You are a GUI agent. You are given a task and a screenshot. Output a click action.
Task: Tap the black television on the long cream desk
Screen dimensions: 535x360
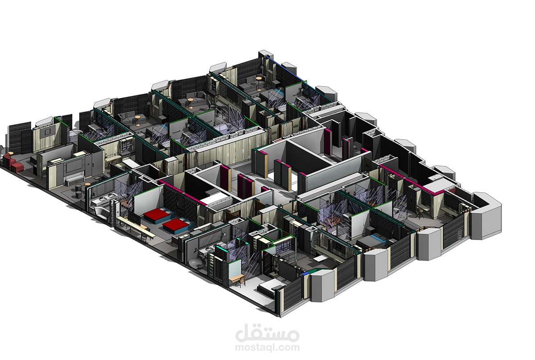(134, 218)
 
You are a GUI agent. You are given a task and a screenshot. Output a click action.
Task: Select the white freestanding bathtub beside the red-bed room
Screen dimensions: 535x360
(102, 213)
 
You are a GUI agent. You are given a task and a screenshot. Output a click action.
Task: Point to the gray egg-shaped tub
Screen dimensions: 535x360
(197, 262)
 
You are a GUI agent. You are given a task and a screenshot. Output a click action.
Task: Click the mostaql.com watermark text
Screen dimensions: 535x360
(267, 347)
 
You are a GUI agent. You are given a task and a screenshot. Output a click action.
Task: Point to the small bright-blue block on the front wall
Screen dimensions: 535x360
(305, 273)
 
